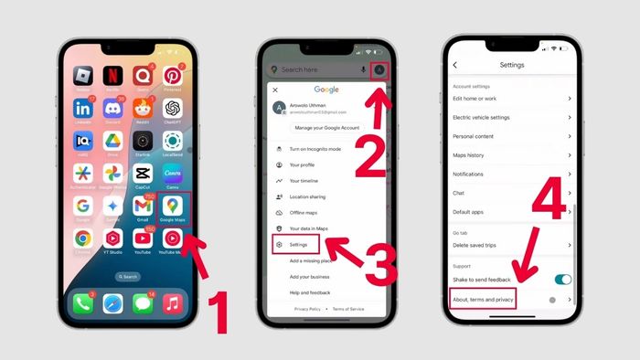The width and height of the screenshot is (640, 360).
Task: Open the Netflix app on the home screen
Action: (113, 74)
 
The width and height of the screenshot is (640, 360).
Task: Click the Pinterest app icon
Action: (173, 74)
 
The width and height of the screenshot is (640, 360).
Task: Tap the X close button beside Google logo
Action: (275, 90)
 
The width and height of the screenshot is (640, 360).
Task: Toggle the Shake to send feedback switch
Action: (563, 279)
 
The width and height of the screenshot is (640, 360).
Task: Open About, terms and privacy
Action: (484, 299)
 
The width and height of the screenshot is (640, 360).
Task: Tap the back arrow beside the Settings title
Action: (455, 65)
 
